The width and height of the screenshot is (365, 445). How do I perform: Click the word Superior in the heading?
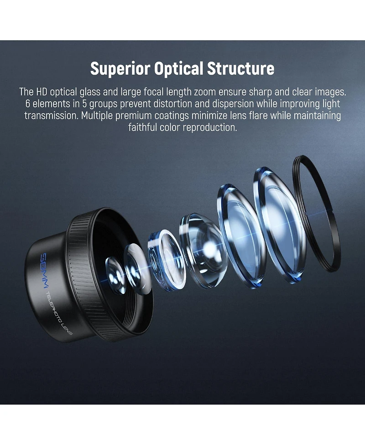click(x=120, y=68)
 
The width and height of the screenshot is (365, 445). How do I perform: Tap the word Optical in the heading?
click(x=179, y=68)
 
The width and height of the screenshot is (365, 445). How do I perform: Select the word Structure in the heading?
click(x=241, y=68)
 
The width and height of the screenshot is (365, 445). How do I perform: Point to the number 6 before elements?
click(x=27, y=104)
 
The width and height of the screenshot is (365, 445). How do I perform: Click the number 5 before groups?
click(x=84, y=104)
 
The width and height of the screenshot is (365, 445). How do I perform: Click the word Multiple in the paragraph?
click(x=97, y=116)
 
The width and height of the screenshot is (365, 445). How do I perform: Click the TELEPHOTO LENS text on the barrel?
click(x=59, y=313)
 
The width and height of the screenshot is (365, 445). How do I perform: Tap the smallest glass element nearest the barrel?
click(x=116, y=275)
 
